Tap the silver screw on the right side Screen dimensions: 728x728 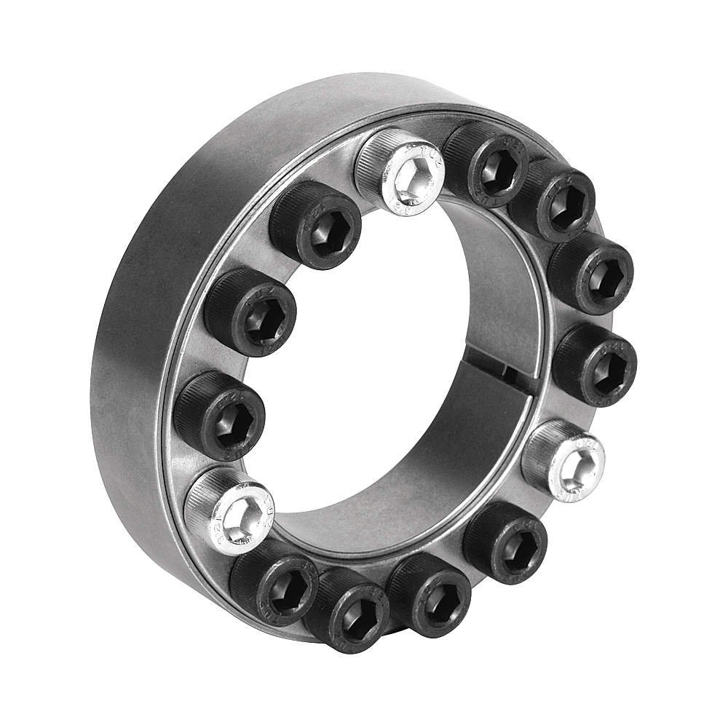pyautogui.click(x=565, y=460)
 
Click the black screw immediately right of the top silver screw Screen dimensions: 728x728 pyautogui.click(x=484, y=163)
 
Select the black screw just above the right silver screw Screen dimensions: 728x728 pyautogui.click(x=596, y=363)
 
